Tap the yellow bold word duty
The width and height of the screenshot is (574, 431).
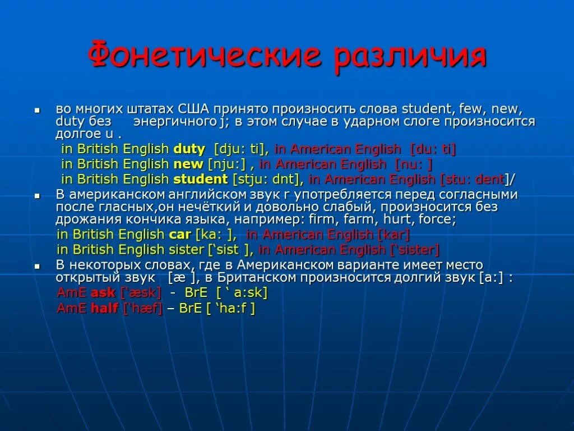pos(189,149)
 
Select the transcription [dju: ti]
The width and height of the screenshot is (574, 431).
pos(242,149)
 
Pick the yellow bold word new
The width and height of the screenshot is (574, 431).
pos(188,164)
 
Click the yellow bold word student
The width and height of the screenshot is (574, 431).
pos(201,180)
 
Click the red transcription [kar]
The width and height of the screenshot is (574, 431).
pos(395,234)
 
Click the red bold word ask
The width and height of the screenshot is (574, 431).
pos(103,292)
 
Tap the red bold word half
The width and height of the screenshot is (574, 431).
pos(104,308)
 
